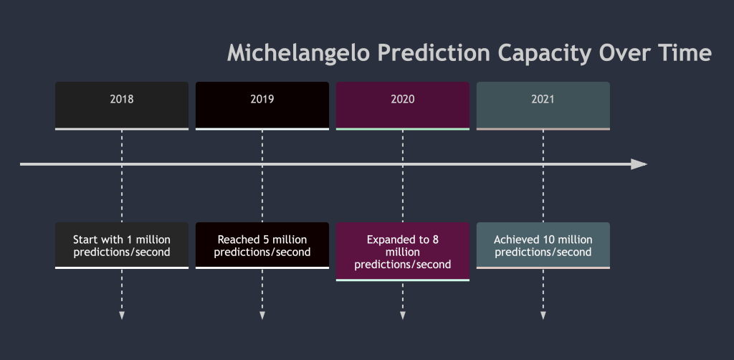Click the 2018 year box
click(122, 106)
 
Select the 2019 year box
click(262, 106)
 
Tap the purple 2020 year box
click(403, 106)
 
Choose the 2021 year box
click(543, 106)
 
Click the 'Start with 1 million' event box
click(122, 246)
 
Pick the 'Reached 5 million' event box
click(262, 246)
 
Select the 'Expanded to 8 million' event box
click(403, 252)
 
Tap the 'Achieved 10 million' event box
click(543, 246)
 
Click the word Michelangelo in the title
click(298, 53)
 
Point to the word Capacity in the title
click(545, 54)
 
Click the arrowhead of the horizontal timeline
click(639, 164)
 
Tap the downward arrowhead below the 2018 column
click(122, 316)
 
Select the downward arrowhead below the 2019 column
click(262, 316)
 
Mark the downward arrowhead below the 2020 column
click(403, 316)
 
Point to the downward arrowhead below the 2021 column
click(543, 316)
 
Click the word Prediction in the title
click(434, 52)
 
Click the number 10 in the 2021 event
click(548, 240)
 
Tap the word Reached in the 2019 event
click(235, 240)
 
